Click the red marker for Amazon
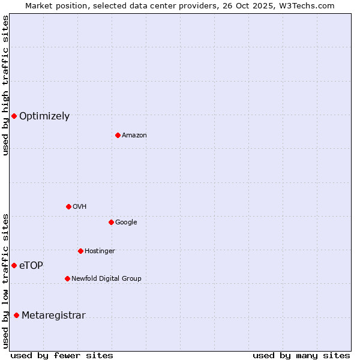[118, 135]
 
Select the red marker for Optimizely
[14, 116]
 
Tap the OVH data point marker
[68, 206]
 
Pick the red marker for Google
[111, 222]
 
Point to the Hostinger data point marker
[80, 251]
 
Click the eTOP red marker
[14, 265]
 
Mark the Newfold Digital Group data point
[67, 278]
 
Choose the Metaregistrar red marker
[16, 316]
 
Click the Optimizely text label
[44, 116]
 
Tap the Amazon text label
[134, 136]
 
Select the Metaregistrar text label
[53, 316]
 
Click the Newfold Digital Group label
[106, 279]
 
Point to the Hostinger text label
[100, 251]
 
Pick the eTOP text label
[31, 266]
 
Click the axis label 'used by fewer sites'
[62, 356]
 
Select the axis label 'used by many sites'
[301, 356]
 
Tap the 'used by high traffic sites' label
[5, 85]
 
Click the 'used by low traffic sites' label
[5, 280]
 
